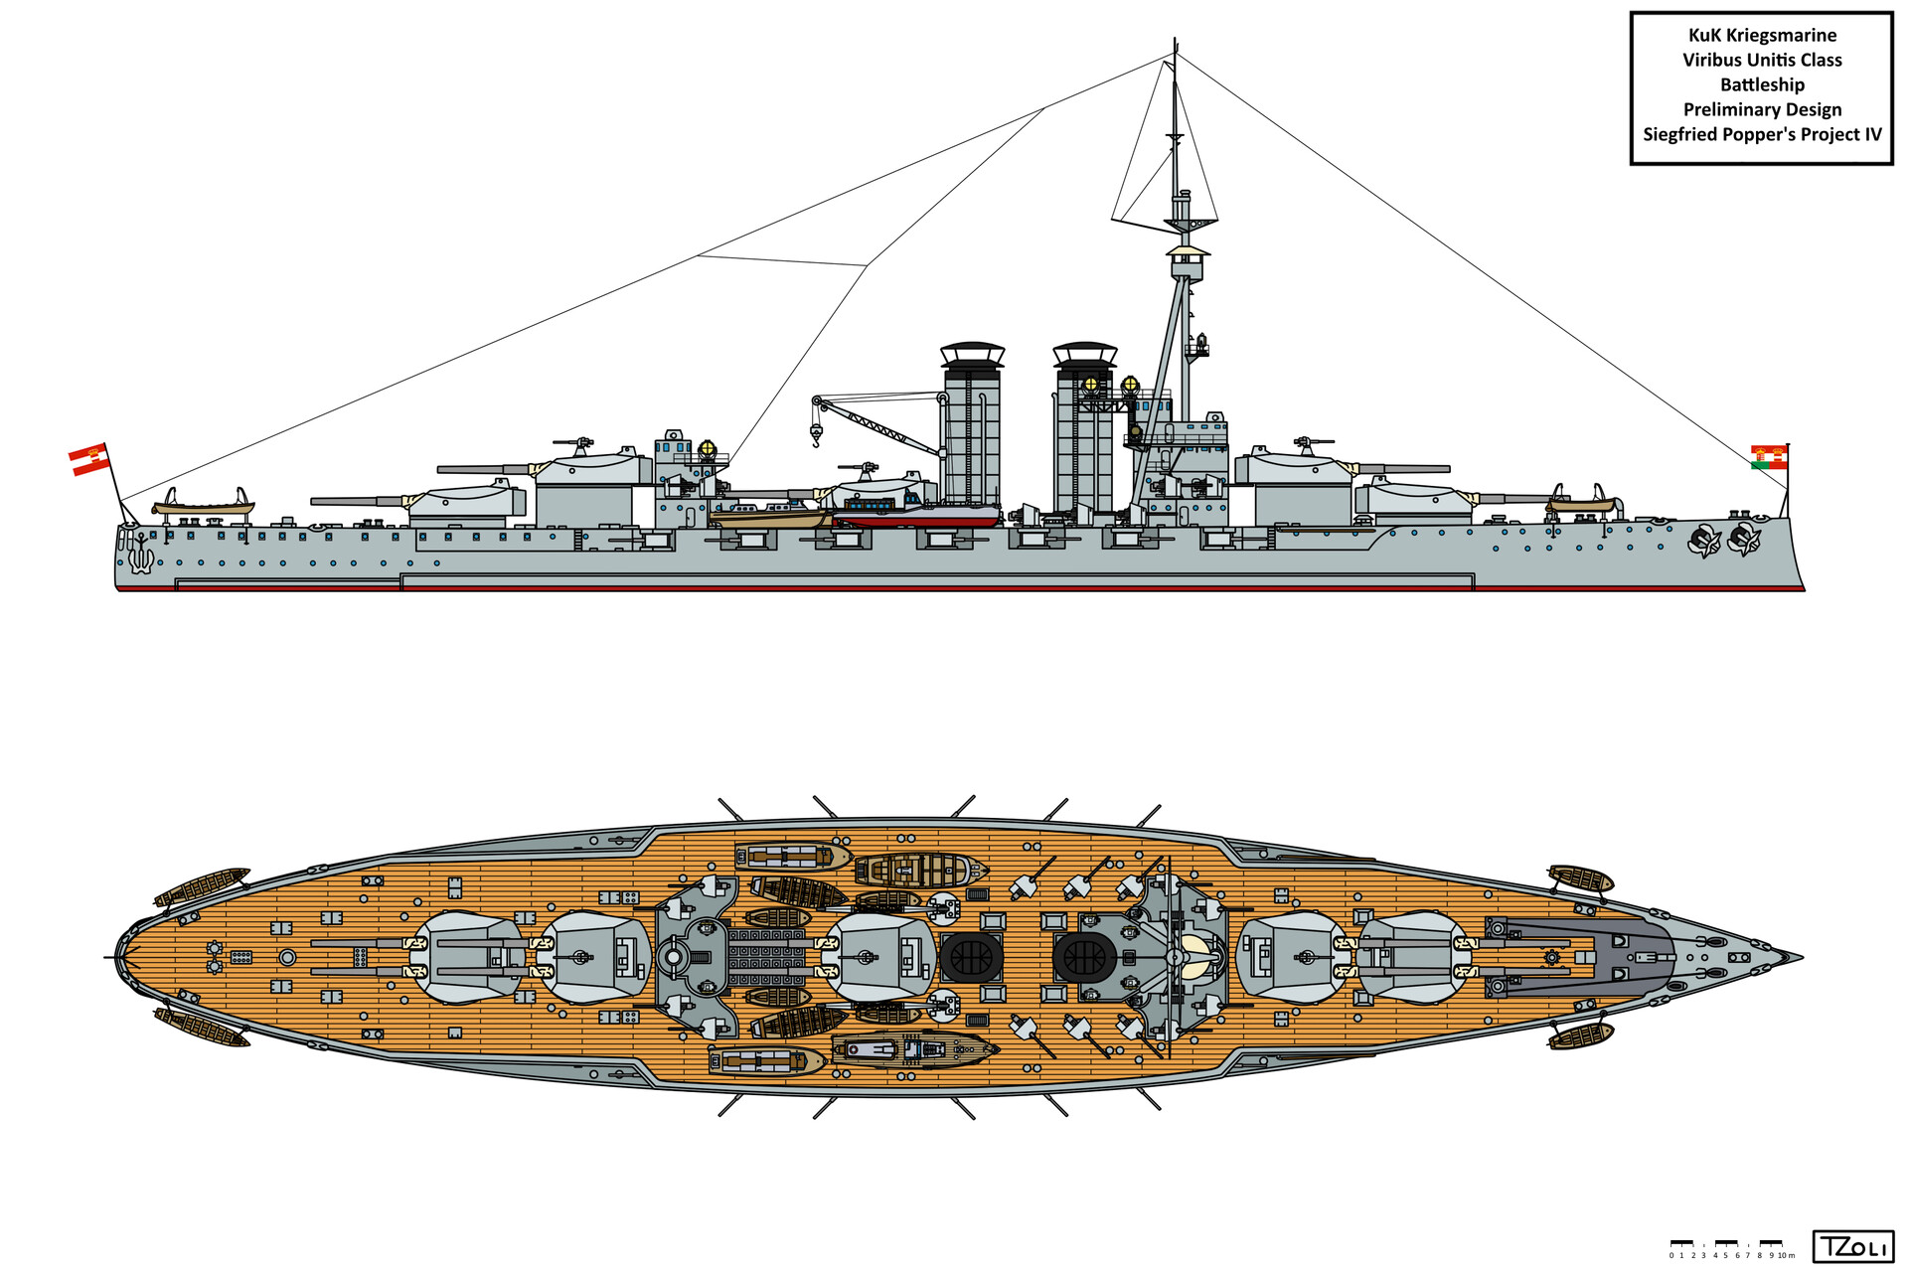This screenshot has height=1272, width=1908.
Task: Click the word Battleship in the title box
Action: [1762, 85]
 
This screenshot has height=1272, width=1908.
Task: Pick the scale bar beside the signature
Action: [1732, 1246]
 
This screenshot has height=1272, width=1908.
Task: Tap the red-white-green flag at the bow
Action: [1769, 457]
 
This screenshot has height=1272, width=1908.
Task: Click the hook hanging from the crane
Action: [816, 434]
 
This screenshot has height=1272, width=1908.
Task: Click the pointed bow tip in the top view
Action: [1799, 959]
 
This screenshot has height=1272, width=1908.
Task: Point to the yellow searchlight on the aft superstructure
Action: [708, 448]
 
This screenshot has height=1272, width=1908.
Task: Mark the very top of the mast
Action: [1176, 42]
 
